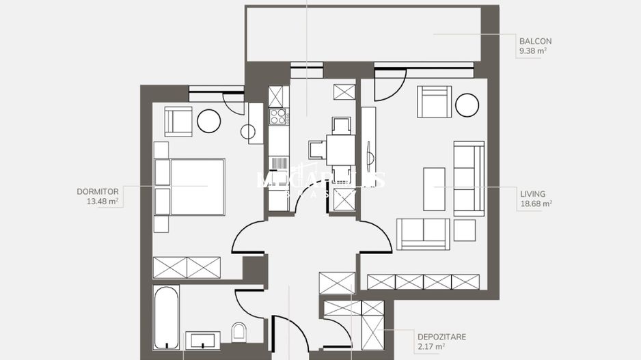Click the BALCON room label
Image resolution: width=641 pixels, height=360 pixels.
tap(534, 40)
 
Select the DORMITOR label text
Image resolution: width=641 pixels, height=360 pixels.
tap(98, 192)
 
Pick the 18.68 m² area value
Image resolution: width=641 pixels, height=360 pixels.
tap(536, 203)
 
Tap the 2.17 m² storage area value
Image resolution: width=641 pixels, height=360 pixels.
tap(431, 346)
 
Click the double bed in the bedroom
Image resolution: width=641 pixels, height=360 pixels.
tap(190, 186)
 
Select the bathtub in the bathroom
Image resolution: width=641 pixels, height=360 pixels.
tap(165, 318)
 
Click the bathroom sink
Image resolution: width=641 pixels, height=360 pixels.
tap(203, 340)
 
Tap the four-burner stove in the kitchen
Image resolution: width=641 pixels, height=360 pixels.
tap(278, 116)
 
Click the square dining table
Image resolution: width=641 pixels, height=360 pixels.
tap(340, 150)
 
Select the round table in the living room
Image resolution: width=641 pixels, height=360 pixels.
tap(467, 105)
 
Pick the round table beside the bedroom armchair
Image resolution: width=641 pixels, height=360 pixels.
tap(208, 121)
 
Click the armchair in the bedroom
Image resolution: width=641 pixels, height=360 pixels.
tap(178, 122)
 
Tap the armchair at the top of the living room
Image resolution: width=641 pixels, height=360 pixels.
tap(435, 101)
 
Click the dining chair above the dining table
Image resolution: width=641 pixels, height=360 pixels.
tap(340, 126)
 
